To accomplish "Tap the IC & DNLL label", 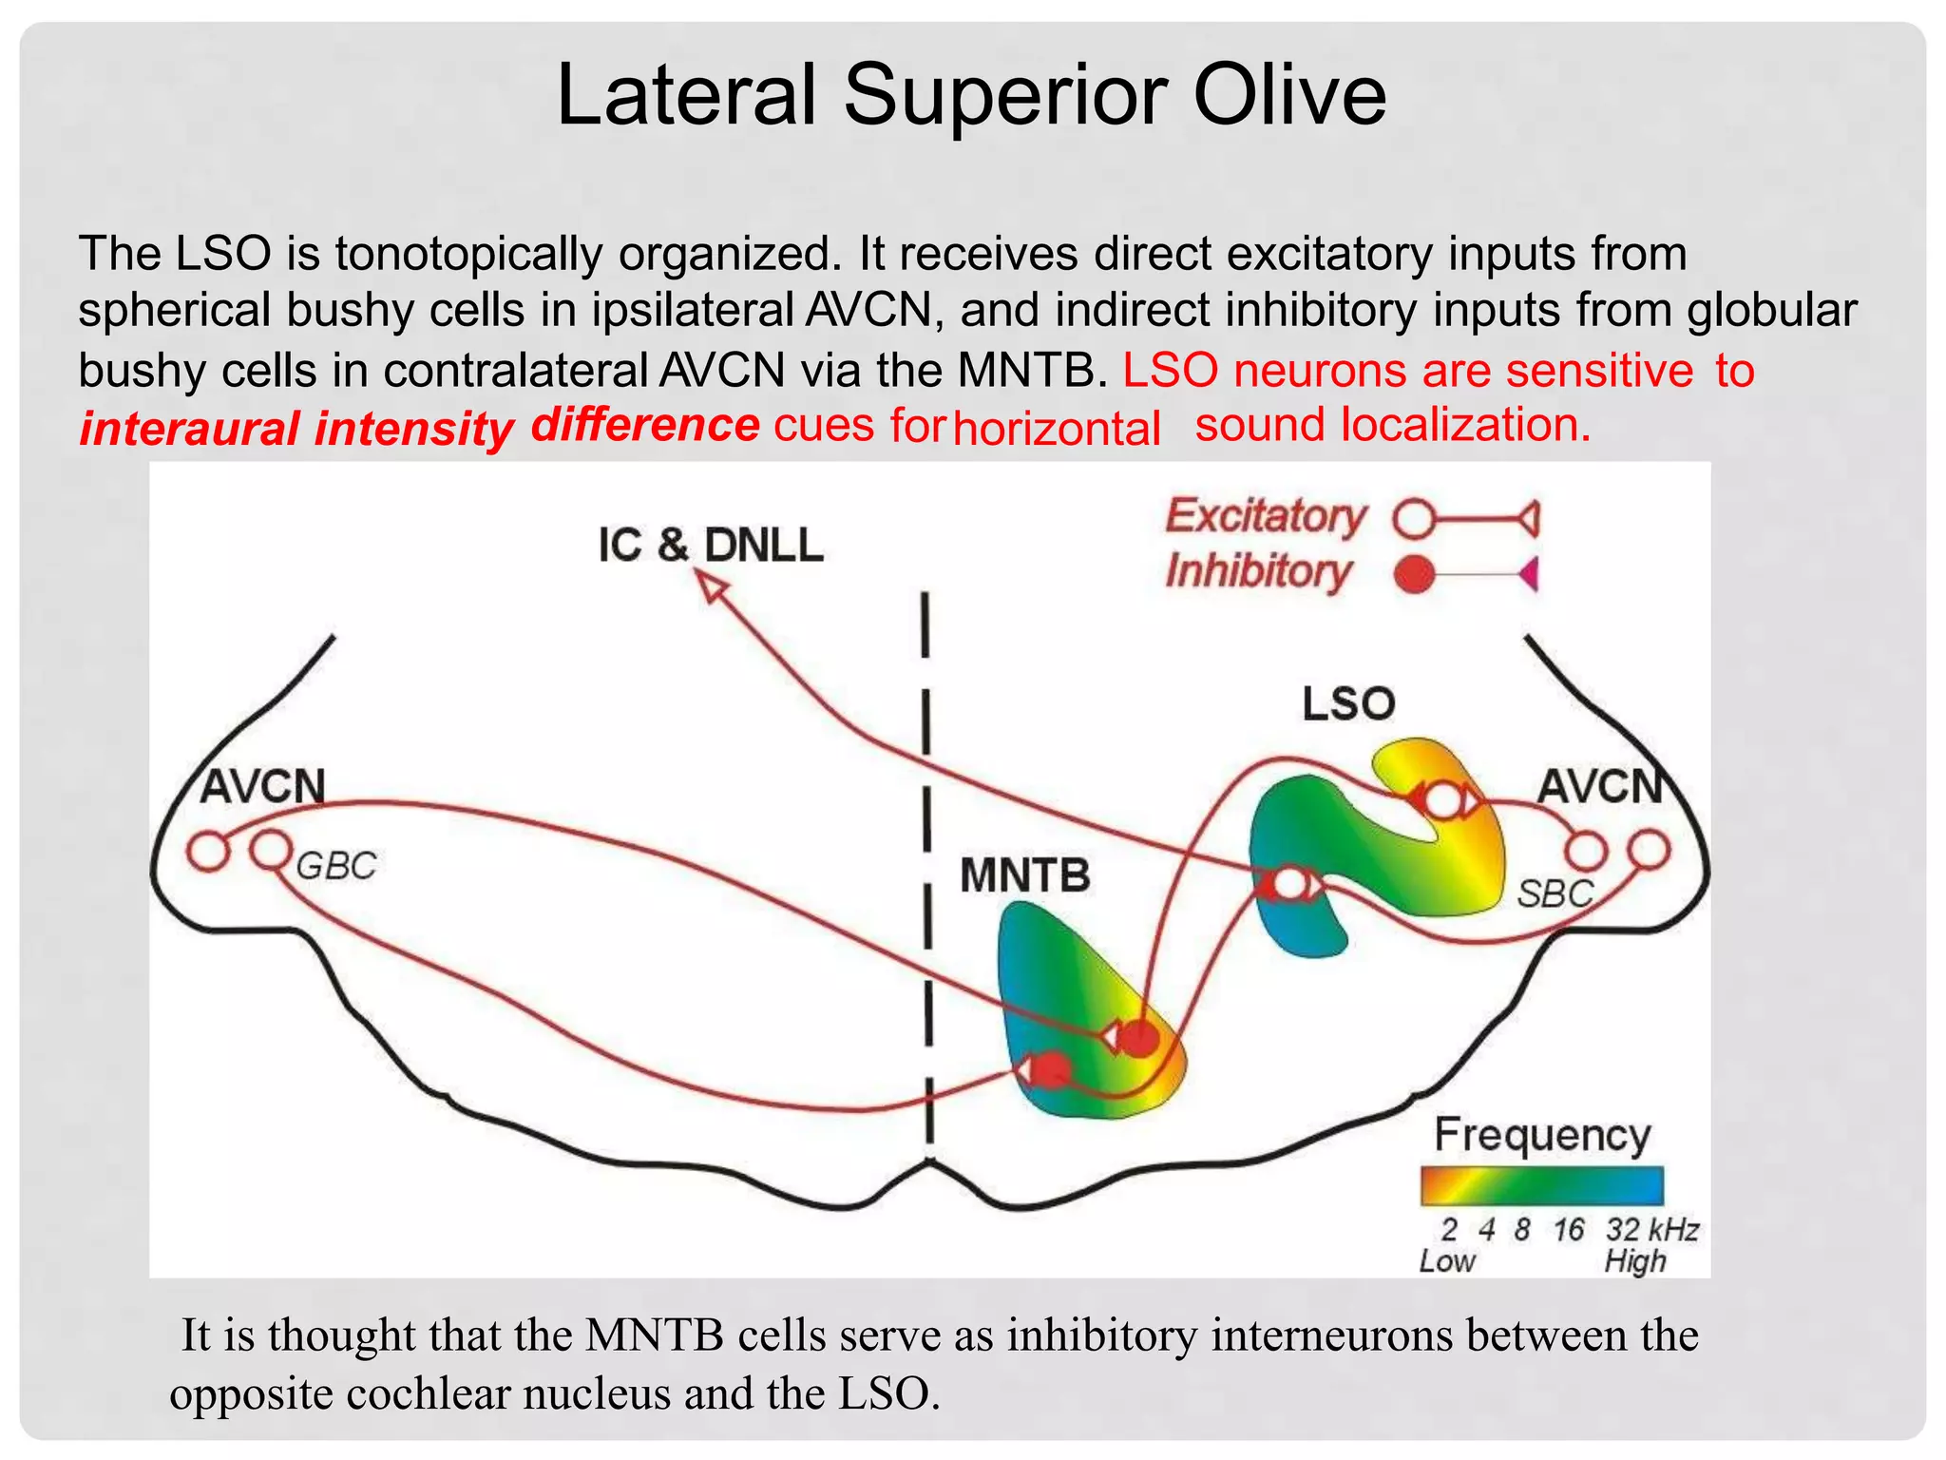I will [x=710, y=546].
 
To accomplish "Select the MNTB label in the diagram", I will [x=1024, y=875].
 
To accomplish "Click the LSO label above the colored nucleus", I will [x=1347, y=704].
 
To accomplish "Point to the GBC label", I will [x=336, y=866].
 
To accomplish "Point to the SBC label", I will [x=1555, y=893].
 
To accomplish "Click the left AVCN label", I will [x=263, y=787].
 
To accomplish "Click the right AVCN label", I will [x=1600, y=787].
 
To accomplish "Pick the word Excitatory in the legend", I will [x=1266, y=516].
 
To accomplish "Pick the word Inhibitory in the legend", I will [x=1258, y=572].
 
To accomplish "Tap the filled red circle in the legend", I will [x=1414, y=574].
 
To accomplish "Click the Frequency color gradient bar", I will [x=1541, y=1186].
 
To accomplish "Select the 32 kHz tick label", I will [x=1651, y=1230].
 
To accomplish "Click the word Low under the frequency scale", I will [x=1446, y=1262].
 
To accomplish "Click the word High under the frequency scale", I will [x=1634, y=1262].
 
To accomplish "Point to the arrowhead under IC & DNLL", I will [x=713, y=589].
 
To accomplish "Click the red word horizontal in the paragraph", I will [x=1057, y=429].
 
